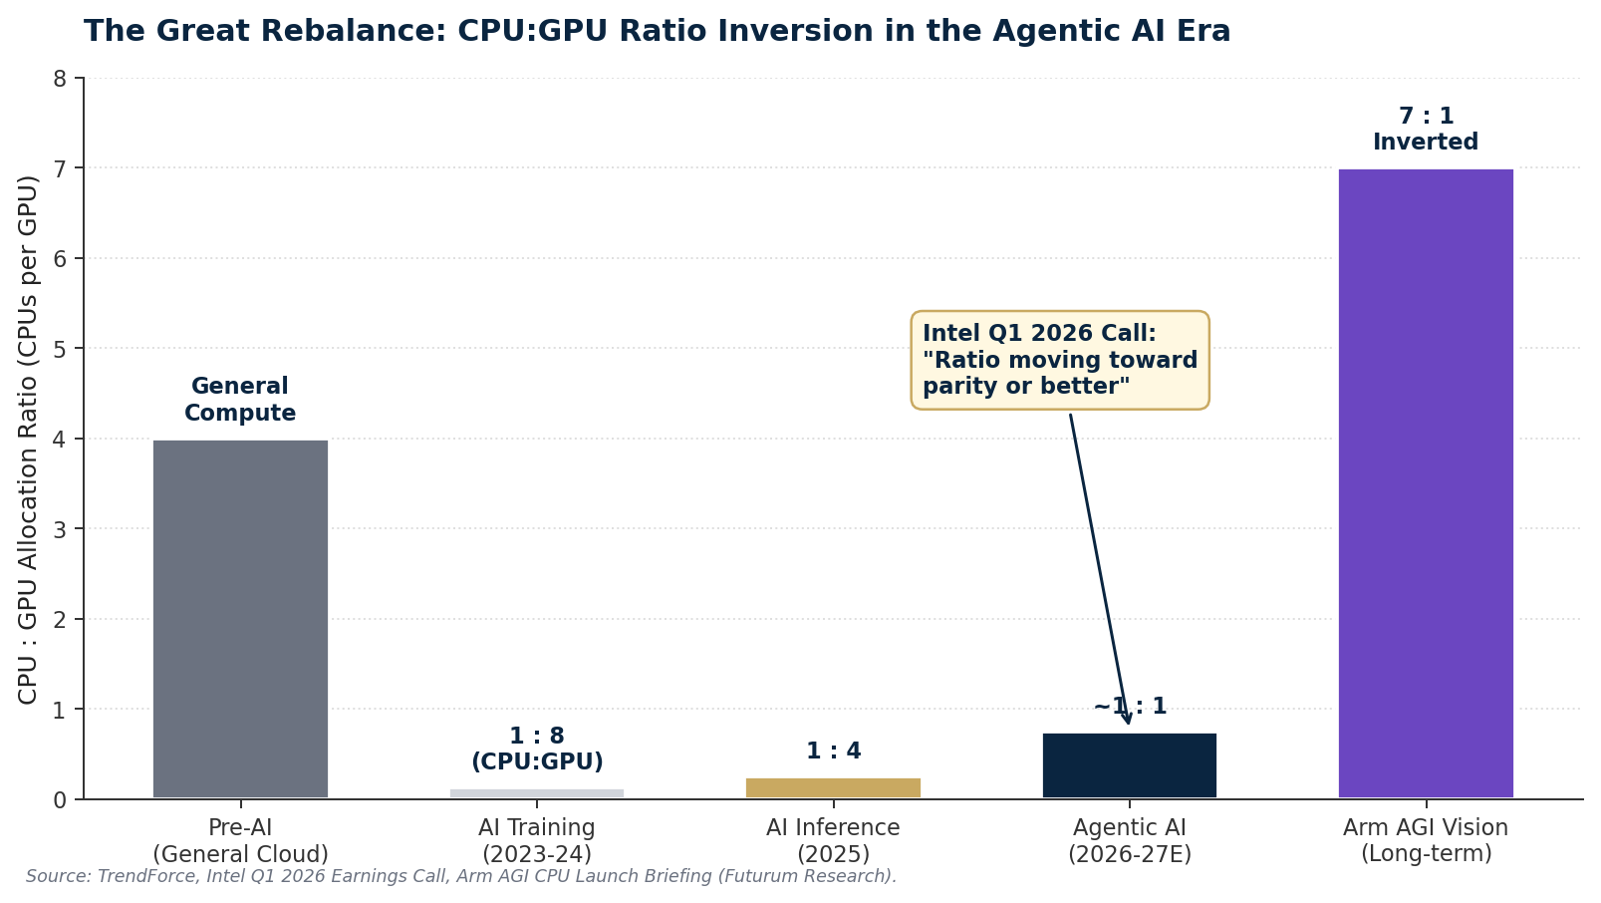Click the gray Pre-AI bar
(240, 618)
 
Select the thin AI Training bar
(536, 793)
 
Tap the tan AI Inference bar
(833, 787)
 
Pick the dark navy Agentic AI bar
(1129, 765)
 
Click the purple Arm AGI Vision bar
(1425, 483)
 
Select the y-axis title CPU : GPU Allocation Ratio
(28, 439)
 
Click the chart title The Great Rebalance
(657, 32)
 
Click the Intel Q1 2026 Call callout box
(1059, 360)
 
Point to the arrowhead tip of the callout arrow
(1129, 724)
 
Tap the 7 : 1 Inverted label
(1425, 130)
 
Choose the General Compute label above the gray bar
(240, 400)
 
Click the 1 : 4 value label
(833, 752)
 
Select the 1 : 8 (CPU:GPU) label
(536, 750)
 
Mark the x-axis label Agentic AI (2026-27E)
(1129, 841)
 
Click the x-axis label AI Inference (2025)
(833, 841)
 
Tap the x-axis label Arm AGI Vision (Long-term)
(1425, 841)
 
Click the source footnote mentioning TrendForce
(461, 877)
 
